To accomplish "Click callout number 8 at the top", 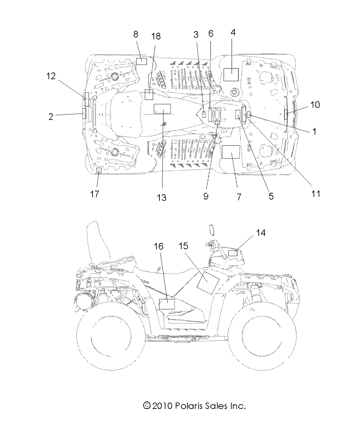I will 136,34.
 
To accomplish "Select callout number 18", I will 156,36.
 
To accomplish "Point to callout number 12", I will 51,76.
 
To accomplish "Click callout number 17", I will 95,194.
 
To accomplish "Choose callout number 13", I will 161,197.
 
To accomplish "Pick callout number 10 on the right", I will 315,105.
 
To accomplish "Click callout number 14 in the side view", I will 261,233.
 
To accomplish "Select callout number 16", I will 159,246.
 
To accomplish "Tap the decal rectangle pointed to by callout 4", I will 231,75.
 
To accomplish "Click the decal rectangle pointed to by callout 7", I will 231,152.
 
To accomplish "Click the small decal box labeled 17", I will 99,171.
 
